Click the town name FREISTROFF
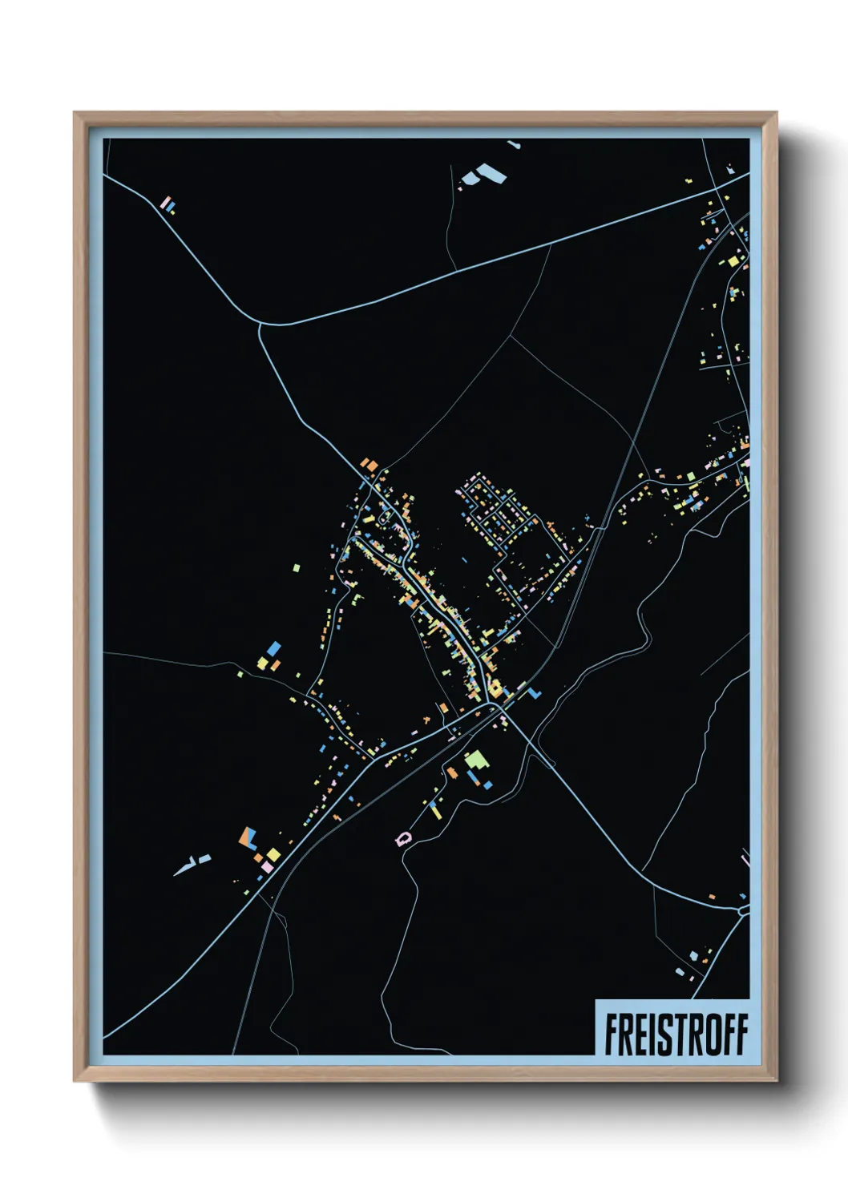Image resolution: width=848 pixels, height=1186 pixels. point(676,1035)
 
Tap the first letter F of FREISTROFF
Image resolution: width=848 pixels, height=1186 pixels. point(612,1035)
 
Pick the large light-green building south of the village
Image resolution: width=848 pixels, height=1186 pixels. point(476,758)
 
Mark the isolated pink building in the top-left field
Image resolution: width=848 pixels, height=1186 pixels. point(166,204)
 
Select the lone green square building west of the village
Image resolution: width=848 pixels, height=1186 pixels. point(297,568)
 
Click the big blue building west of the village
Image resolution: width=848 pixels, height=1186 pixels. point(274,647)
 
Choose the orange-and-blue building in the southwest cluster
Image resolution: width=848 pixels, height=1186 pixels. point(248,838)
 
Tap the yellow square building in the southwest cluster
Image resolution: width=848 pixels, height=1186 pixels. point(273,855)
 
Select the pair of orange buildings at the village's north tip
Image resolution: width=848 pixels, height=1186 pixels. point(369,464)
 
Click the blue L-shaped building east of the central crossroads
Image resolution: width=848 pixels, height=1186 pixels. point(531,690)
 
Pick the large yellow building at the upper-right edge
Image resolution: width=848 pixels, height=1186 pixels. point(732,260)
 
